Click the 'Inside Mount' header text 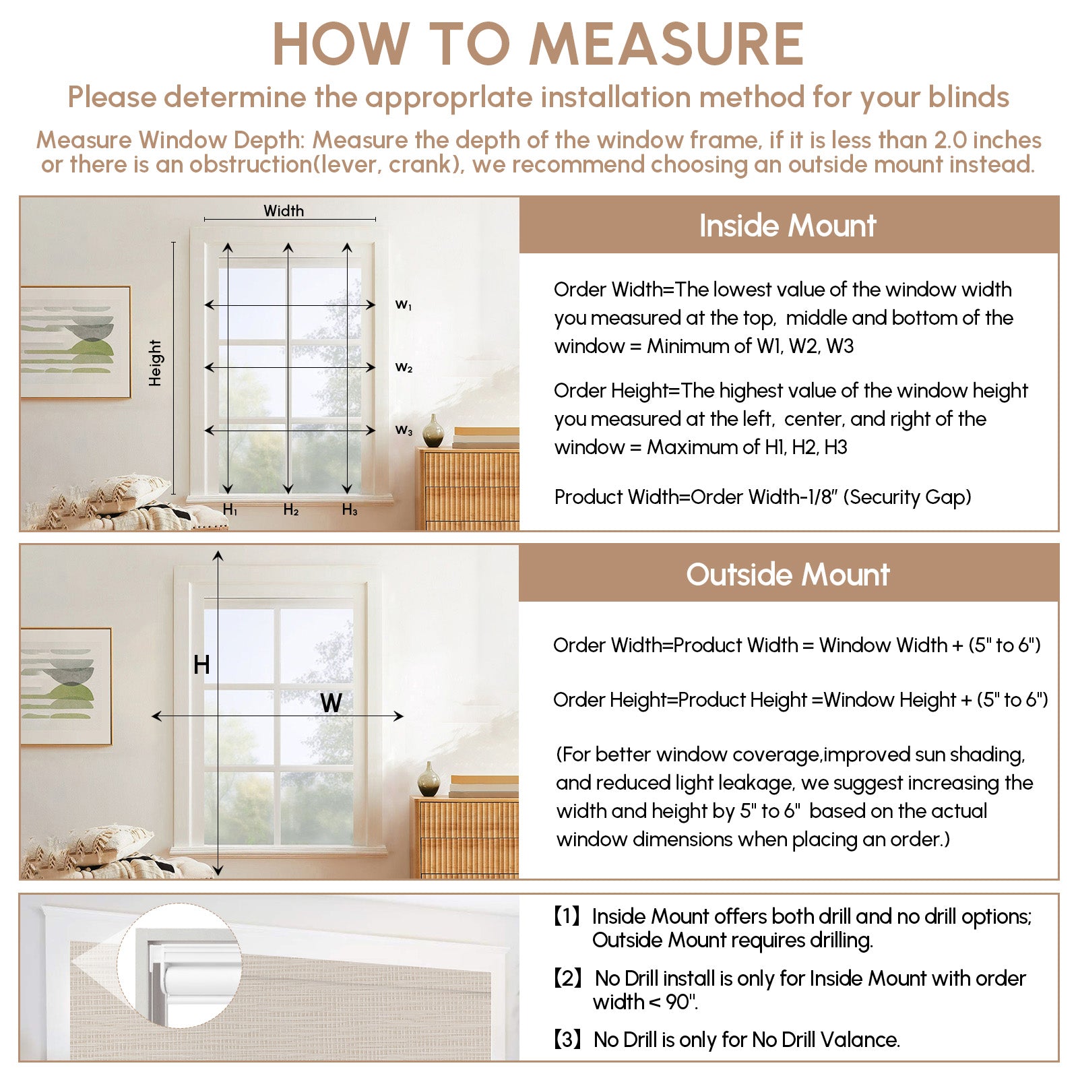(788, 226)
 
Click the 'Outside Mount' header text (788, 575)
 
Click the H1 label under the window (230, 510)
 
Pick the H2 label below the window (290, 510)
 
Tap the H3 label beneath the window (349, 510)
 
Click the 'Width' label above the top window (284, 211)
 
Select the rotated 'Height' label (156, 362)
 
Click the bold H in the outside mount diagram (201, 665)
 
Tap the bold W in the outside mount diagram (331, 703)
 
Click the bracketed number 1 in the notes (567, 916)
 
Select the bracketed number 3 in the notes (567, 1040)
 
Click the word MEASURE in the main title (666, 44)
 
